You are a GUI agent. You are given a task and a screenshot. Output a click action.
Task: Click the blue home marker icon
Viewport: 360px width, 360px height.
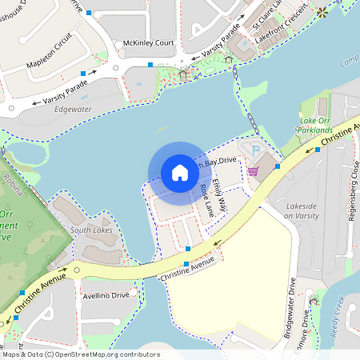pyautogui.click(x=179, y=172)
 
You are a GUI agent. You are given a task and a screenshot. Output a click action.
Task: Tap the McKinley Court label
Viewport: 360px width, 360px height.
pyautogui.click(x=148, y=42)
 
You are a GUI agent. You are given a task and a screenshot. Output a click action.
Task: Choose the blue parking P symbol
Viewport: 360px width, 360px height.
pyautogui.click(x=256, y=150)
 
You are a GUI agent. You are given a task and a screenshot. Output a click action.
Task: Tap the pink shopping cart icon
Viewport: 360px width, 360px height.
pyautogui.click(x=253, y=170)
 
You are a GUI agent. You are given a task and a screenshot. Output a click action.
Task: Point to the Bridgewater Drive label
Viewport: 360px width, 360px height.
pyautogui.click(x=291, y=308)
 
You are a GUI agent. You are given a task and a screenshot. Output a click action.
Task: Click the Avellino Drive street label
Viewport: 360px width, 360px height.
pyautogui.click(x=106, y=295)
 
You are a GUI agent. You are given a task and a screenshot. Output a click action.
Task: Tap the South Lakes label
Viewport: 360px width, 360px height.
pyautogui.click(x=91, y=230)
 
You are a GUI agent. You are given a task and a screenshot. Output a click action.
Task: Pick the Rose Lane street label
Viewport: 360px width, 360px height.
pyautogui.click(x=207, y=200)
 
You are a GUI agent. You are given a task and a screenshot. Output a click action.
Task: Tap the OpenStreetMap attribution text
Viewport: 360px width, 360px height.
pyautogui.click(x=80, y=354)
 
